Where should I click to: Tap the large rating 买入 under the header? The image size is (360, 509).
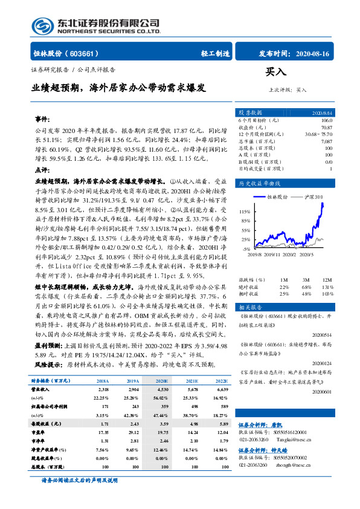pyautogui.click(x=275, y=71)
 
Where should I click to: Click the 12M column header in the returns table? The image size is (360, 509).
pyautogui.click(x=328, y=280)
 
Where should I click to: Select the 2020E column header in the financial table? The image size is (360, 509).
pyautogui.click(x=162, y=381)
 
